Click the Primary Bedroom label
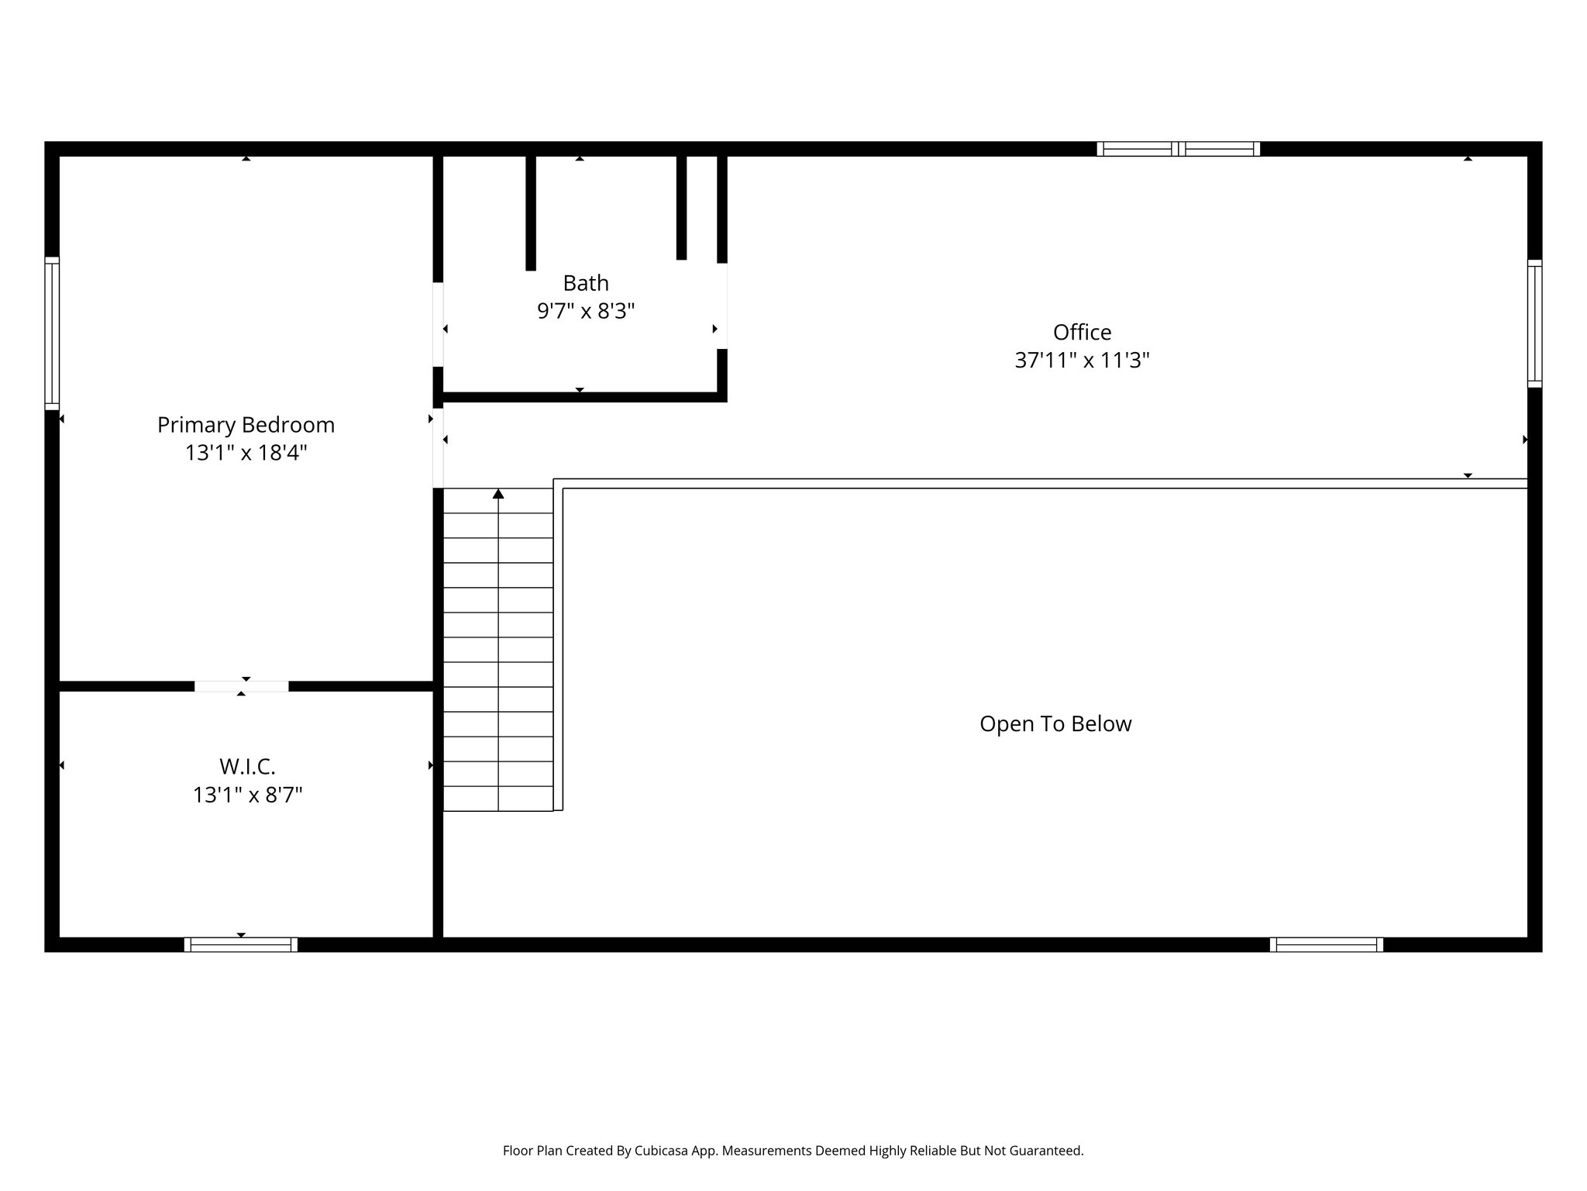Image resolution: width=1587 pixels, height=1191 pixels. pos(246,425)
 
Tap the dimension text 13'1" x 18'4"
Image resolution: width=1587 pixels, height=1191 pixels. pos(246,453)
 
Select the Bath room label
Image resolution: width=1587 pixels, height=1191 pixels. pos(586,283)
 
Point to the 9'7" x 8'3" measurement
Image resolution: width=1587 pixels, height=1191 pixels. pos(586,311)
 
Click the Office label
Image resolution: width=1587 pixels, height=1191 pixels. pos(1082,333)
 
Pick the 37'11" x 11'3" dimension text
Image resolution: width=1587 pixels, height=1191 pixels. pos(1082,361)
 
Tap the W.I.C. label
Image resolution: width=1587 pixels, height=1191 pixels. pos(247,767)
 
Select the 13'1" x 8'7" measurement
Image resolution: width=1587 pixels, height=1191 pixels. pos(247,795)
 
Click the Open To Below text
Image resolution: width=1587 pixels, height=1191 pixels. pos(1055,724)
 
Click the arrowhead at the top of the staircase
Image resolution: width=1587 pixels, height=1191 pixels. pos(498,494)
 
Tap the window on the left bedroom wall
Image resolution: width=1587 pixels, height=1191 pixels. pos(52,333)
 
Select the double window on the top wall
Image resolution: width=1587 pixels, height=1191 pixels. pos(1178,149)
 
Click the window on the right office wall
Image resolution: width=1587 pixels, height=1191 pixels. pos(1534,323)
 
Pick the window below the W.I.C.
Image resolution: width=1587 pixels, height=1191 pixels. pos(241,944)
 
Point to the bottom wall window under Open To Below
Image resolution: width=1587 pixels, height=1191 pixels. pos(1326,944)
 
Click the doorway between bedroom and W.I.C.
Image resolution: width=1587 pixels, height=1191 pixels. pos(241,686)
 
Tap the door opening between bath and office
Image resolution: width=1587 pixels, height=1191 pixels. pos(721,306)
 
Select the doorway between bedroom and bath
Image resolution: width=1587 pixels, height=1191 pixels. pos(438,324)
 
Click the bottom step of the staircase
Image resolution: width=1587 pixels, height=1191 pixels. pos(497,799)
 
